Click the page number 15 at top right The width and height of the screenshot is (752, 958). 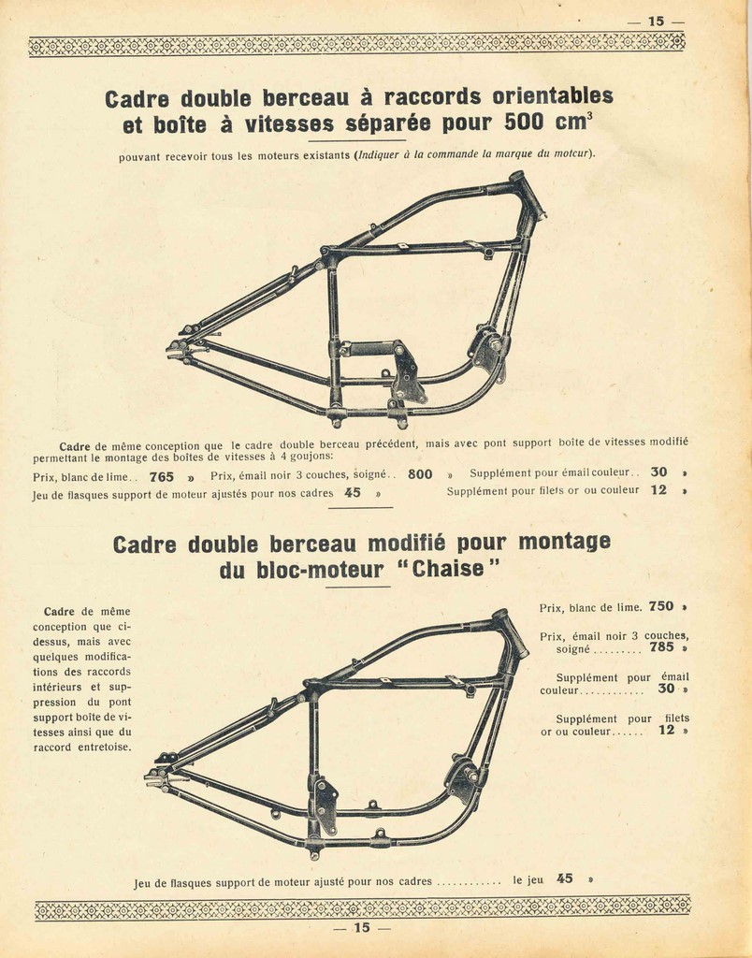(x=655, y=21)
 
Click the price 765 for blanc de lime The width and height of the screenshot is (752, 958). (x=161, y=475)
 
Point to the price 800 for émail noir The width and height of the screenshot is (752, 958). (x=420, y=474)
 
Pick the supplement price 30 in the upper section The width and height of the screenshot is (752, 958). (x=658, y=472)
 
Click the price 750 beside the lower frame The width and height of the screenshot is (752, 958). (x=661, y=606)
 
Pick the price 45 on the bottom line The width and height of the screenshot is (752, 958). (x=564, y=878)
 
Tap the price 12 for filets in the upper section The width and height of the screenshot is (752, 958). (x=658, y=489)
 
